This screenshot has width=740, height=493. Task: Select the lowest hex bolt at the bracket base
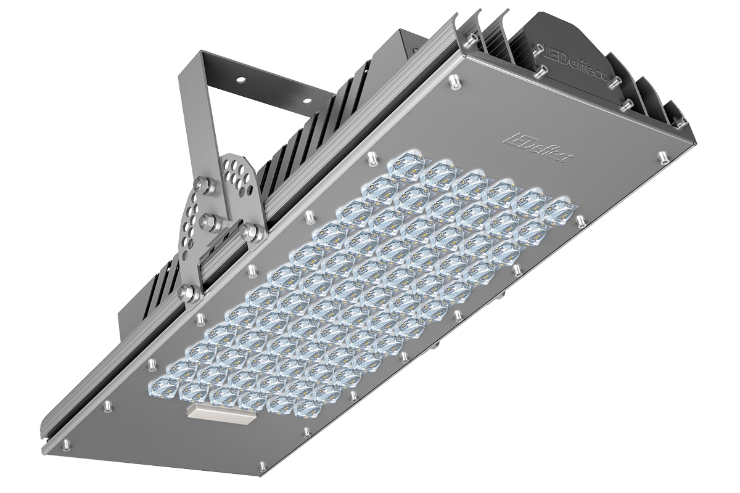(x=186, y=292)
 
